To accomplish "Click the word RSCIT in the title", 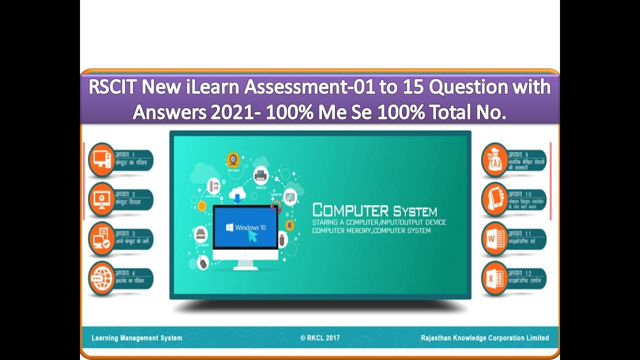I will click(x=113, y=87).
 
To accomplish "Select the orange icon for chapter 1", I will click(x=101, y=159).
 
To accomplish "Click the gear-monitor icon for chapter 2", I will click(x=101, y=199).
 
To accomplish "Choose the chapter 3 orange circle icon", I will click(x=101, y=239).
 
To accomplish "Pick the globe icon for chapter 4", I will click(x=101, y=278).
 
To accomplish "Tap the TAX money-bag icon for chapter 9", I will click(x=494, y=159).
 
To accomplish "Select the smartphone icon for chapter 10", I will click(x=494, y=199).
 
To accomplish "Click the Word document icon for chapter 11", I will click(x=494, y=239).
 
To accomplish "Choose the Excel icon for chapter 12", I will click(x=494, y=278).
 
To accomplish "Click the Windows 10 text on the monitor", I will click(x=249, y=227).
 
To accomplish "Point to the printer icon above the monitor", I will click(x=260, y=175).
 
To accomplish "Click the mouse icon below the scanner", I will click(x=202, y=262).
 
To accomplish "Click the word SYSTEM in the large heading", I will click(x=414, y=211).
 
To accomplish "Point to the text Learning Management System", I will click(x=136, y=338).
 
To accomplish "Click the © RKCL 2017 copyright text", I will click(x=320, y=338).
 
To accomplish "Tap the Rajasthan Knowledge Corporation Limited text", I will click(x=484, y=338).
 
